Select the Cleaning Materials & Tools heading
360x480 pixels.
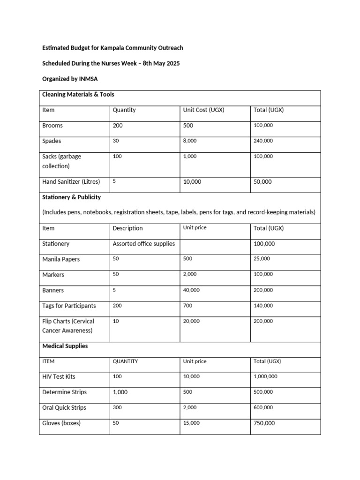pyautogui.click(x=78, y=94)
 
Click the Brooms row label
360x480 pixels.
pyautogui.click(x=52, y=126)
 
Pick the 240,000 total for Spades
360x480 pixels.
pyautogui.click(x=263, y=141)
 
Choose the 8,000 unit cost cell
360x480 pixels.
pyautogui.click(x=190, y=141)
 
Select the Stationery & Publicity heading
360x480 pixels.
pyautogui.click(x=71, y=197)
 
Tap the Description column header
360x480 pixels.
pyautogui.click(x=127, y=228)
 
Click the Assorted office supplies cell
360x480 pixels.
pyautogui.click(x=143, y=244)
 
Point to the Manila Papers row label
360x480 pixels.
pyautogui.click(x=61, y=259)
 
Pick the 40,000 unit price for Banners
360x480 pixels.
pyautogui.click(x=191, y=290)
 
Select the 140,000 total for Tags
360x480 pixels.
pyautogui.click(x=263, y=306)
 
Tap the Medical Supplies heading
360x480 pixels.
pyautogui.click(x=65, y=346)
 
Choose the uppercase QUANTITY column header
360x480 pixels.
pyautogui.click(x=125, y=361)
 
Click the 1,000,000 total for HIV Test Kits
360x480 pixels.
pyautogui.click(x=265, y=376)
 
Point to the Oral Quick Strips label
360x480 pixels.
pyautogui.click(x=64, y=407)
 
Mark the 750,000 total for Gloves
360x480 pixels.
pyautogui.click(x=264, y=423)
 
